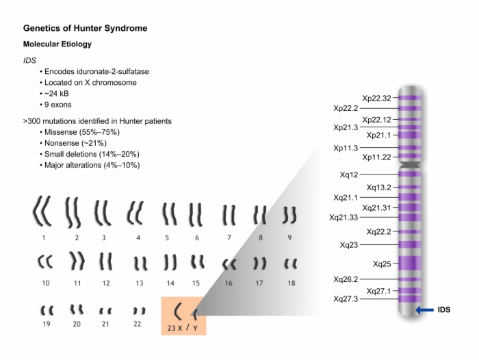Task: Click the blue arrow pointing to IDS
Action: [425, 310]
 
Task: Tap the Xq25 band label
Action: [382, 263]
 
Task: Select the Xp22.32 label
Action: [376, 98]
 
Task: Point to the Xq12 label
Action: [349, 175]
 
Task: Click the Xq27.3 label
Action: [346, 299]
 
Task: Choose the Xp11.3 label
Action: [346, 148]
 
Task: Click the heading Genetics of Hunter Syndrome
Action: [86, 28]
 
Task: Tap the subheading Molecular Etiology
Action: [57, 44]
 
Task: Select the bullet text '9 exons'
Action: [57, 105]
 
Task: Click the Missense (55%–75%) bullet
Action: [82, 132]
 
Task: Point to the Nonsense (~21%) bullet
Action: [75, 143]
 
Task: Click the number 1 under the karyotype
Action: [44, 237]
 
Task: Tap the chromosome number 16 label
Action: [229, 283]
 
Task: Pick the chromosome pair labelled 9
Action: [289, 216]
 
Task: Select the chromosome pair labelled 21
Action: [105, 311]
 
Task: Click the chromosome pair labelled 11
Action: [77, 261]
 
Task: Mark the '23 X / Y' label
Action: [183, 328]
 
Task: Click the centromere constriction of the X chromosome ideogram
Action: [411, 165]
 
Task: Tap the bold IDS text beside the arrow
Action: [444, 310]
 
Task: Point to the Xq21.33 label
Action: [344, 217]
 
